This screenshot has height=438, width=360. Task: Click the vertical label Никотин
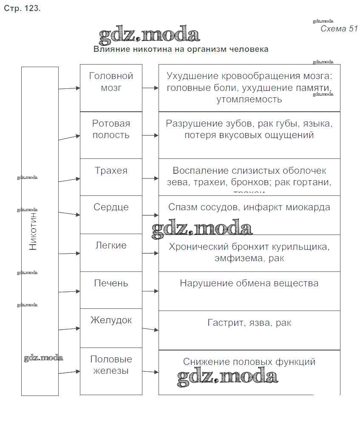(33, 231)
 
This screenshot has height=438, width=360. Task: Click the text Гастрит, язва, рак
(249, 323)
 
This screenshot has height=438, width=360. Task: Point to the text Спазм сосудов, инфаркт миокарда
(249, 208)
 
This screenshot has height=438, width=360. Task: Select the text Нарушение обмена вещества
(249, 283)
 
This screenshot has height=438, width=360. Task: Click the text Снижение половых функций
(249, 362)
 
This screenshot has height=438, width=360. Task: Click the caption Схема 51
(339, 29)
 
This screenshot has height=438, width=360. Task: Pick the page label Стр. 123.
(22, 8)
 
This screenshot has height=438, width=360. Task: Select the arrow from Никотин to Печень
(69, 291)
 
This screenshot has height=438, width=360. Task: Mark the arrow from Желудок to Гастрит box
(150, 329)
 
